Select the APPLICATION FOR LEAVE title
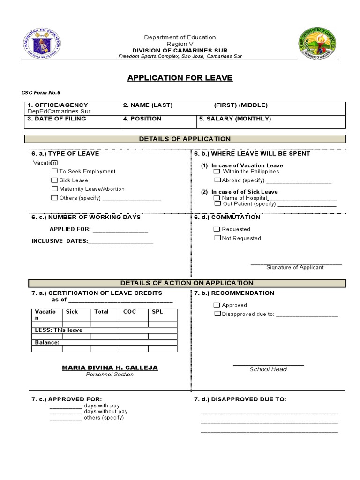click(180, 78)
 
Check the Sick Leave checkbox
click(55, 180)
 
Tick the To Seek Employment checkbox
click(55, 171)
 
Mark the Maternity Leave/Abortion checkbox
click(55, 189)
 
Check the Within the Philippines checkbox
click(217, 171)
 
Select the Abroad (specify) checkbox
click(217, 180)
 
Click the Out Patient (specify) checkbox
click(217, 204)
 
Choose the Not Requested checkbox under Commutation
click(217, 238)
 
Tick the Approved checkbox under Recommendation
click(217, 305)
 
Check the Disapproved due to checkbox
click(217, 314)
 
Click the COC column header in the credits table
click(129, 312)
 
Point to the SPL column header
click(157, 312)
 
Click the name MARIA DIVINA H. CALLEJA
click(110, 367)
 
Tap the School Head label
click(268, 369)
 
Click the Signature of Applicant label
click(295, 267)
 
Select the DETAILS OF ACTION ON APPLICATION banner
click(187, 283)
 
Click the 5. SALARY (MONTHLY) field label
click(235, 119)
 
